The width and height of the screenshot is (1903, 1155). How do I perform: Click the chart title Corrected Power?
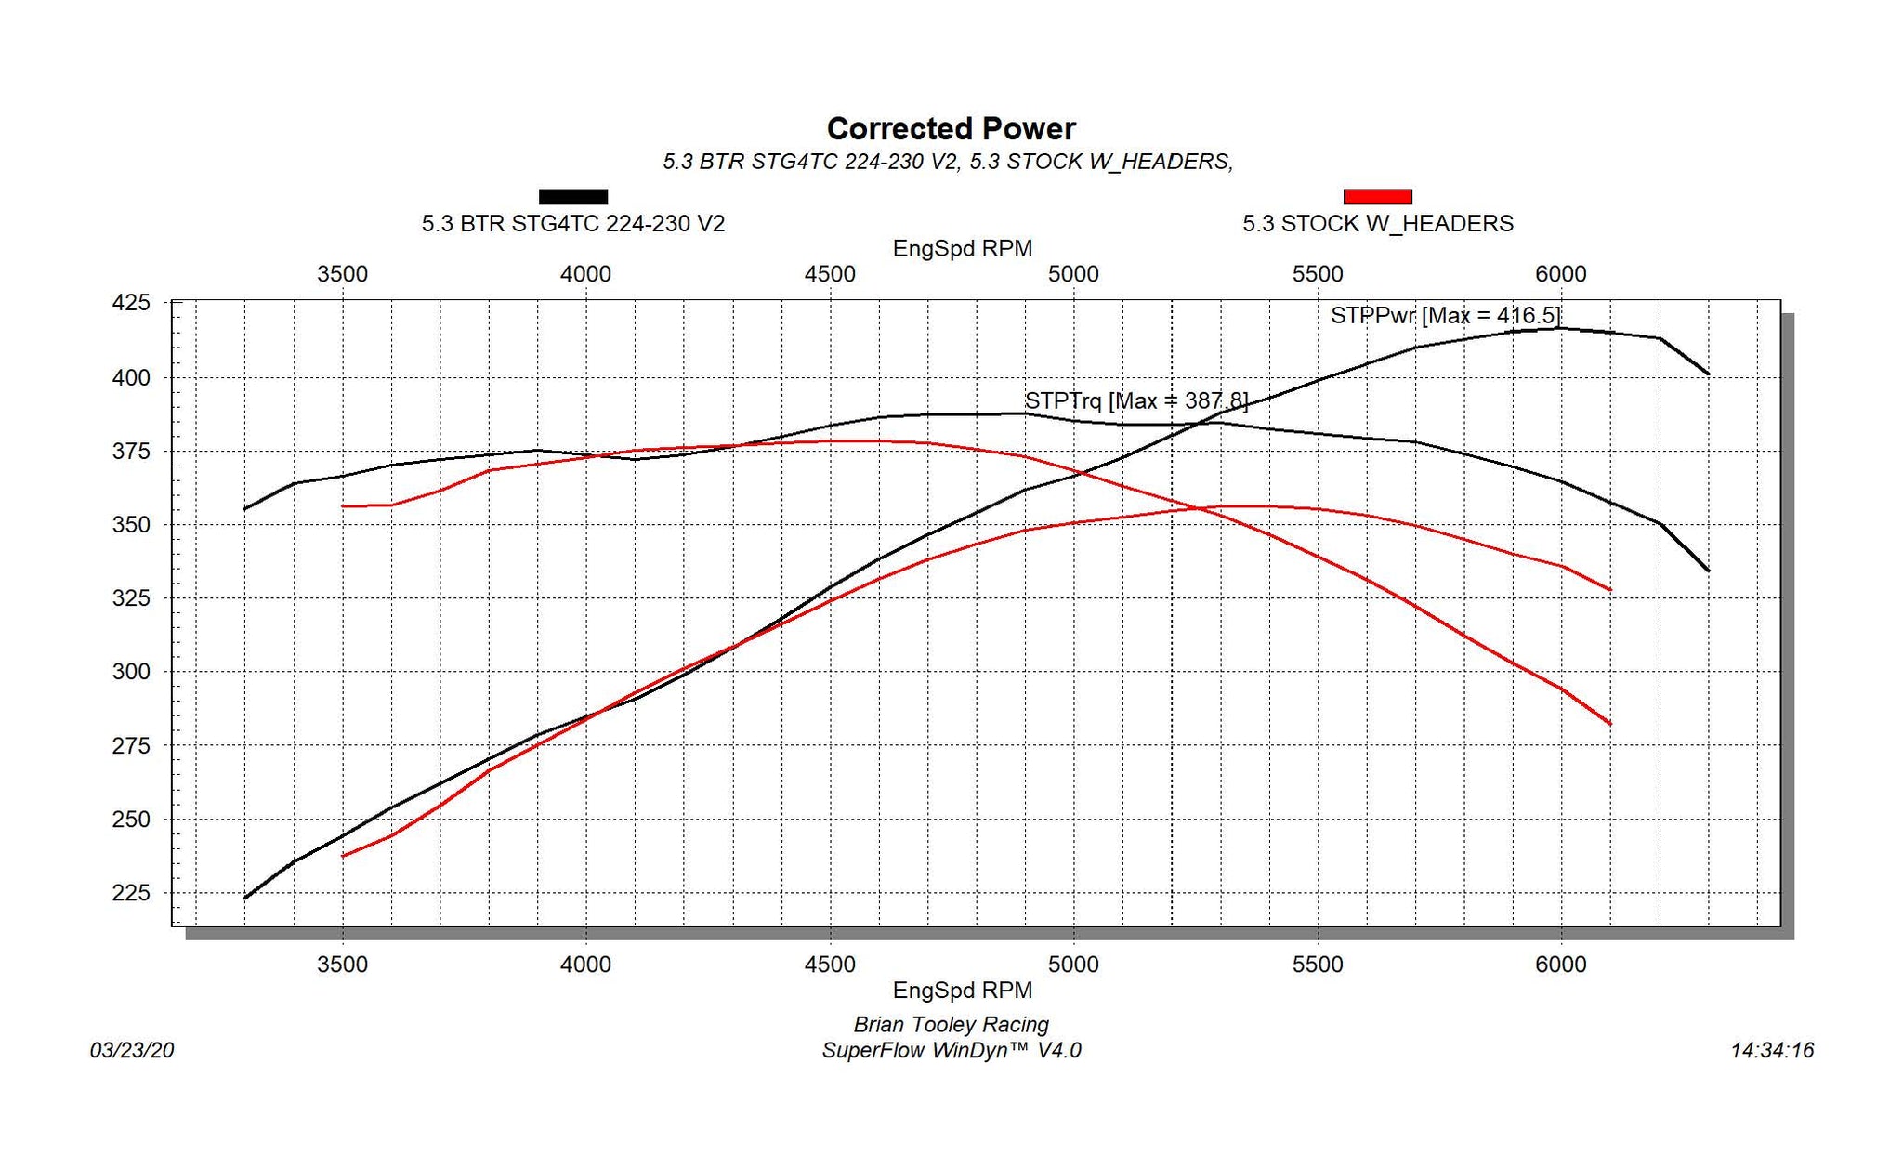pyautogui.click(x=951, y=128)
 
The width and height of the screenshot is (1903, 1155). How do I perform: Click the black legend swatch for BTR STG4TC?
pyautogui.click(x=573, y=196)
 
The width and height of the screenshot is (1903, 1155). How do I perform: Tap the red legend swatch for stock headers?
pyautogui.click(x=1377, y=196)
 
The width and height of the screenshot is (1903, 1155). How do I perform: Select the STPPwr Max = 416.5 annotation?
pyautogui.click(x=1445, y=316)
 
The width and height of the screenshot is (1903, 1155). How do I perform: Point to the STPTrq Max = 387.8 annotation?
pyautogui.click(x=1135, y=401)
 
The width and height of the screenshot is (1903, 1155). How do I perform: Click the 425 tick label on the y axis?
pyautogui.click(x=131, y=303)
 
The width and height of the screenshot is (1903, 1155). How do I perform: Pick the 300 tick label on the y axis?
pyautogui.click(x=131, y=672)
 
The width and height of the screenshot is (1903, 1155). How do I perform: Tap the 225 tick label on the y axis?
pyautogui.click(x=131, y=893)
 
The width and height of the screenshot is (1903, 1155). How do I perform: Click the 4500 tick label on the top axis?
pyautogui.click(x=830, y=274)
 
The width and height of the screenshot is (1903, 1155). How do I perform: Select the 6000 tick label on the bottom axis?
pyautogui.click(x=1561, y=965)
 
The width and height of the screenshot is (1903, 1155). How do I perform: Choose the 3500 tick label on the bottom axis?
pyautogui.click(x=343, y=965)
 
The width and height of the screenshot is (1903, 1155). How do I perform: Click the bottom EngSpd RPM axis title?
pyautogui.click(x=962, y=991)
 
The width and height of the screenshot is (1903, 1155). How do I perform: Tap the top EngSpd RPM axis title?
pyautogui.click(x=962, y=249)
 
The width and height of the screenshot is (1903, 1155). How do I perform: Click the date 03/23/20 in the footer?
pyautogui.click(x=132, y=1051)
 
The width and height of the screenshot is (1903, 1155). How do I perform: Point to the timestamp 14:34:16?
pyautogui.click(x=1772, y=1051)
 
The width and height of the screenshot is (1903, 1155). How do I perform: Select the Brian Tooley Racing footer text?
pyautogui.click(x=951, y=1025)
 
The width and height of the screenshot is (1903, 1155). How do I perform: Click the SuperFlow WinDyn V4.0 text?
pyautogui.click(x=951, y=1051)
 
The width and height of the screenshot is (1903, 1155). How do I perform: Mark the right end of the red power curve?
pyautogui.click(x=1609, y=590)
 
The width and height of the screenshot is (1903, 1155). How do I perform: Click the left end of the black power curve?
pyautogui.click(x=245, y=898)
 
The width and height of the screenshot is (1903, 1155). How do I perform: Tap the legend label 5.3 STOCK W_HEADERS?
pyautogui.click(x=1378, y=224)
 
